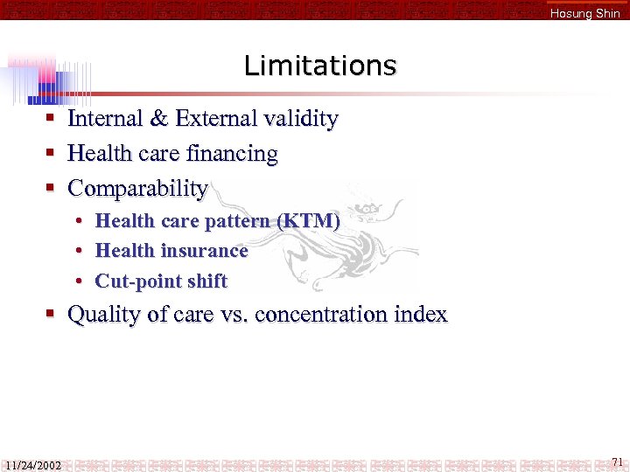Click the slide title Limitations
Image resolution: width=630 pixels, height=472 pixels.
pyautogui.click(x=319, y=66)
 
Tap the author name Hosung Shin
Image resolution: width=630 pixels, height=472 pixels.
pyautogui.click(x=584, y=13)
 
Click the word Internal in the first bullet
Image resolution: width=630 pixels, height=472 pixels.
pyautogui.click(x=107, y=119)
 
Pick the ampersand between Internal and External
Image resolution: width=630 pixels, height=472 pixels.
pyautogui.click(x=161, y=119)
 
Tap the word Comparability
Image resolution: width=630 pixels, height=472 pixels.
pyautogui.click(x=137, y=189)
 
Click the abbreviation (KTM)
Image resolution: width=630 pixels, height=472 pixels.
pyautogui.click(x=308, y=221)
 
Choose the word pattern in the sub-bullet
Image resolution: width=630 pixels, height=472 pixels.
pyautogui.click(x=237, y=222)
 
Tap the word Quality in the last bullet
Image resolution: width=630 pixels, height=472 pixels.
pyautogui.click(x=102, y=315)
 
